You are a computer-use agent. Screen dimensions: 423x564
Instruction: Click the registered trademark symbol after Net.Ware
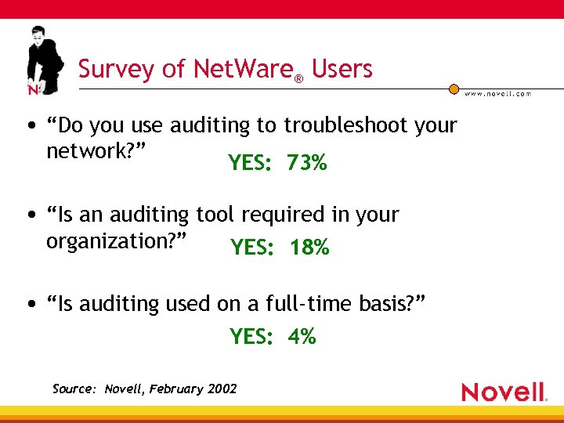pos(298,78)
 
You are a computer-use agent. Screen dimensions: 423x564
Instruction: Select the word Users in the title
pos(342,69)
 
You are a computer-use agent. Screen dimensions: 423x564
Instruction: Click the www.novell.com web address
pos(497,93)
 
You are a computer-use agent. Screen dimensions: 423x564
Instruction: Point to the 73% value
pos(306,163)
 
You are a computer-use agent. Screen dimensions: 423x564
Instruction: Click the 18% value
pos(309,248)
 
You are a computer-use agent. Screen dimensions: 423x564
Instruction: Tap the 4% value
pos(302,337)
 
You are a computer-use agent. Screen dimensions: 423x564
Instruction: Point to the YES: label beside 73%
pos(250,163)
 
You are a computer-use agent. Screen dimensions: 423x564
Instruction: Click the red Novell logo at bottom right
pos(503,392)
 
